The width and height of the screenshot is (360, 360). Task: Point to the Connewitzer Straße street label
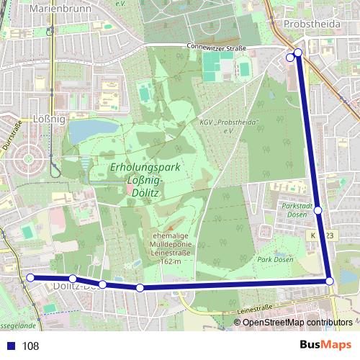click(x=216, y=48)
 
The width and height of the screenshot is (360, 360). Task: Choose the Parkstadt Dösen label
click(x=295, y=210)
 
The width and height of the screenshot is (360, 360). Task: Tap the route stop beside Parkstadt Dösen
click(x=318, y=210)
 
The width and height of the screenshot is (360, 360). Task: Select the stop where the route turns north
click(x=329, y=281)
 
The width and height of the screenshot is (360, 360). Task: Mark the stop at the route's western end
click(x=30, y=277)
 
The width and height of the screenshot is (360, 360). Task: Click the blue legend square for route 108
click(x=10, y=346)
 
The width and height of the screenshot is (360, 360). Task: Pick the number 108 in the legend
click(x=30, y=346)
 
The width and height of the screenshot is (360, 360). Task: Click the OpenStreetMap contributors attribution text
click(x=297, y=323)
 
